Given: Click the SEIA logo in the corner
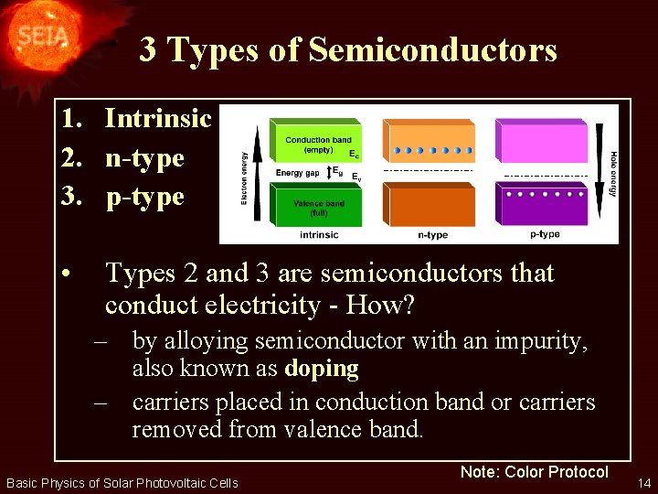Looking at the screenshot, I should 38,37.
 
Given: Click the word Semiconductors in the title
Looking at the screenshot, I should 432,49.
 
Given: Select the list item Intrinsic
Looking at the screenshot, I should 158,118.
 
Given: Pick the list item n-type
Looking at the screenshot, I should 144,157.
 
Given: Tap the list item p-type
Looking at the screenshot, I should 144,196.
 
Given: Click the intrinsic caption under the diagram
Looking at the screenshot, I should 318,235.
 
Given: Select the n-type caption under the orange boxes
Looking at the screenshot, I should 432,235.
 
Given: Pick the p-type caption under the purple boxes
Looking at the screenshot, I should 546,235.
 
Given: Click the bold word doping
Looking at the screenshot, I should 321,370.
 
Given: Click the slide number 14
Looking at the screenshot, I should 644,481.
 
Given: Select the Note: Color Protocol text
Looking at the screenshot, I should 534,472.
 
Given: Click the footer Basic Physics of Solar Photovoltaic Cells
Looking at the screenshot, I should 122,482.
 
